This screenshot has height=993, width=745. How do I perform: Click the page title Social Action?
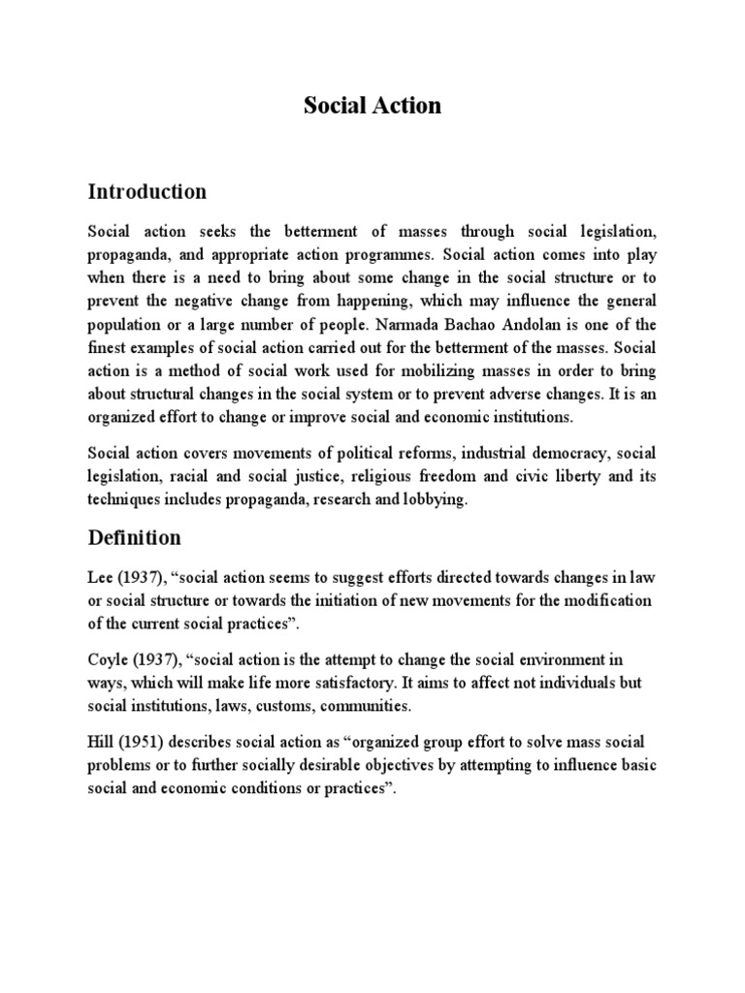[x=372, y=106]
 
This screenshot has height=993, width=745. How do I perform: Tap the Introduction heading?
[x=146, y=191]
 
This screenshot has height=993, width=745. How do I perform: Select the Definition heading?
[x=134, y=536]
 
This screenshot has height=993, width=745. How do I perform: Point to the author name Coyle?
[x=109, y=659]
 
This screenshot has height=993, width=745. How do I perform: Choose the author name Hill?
[x=102, y=743]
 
